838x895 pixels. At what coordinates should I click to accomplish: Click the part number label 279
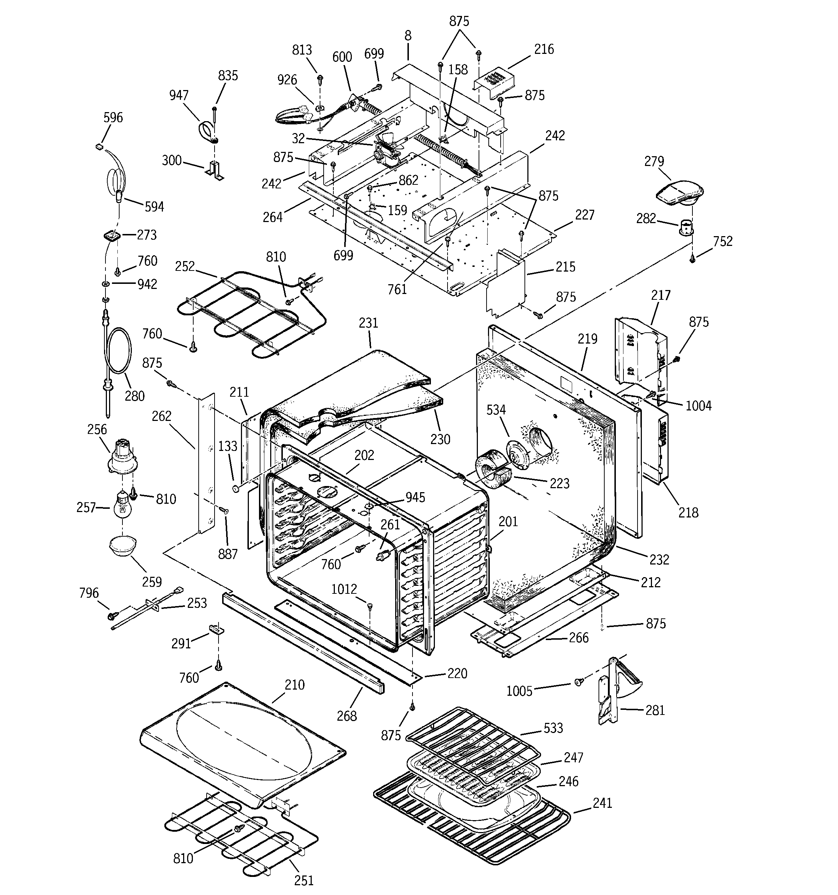(x=654, y=161)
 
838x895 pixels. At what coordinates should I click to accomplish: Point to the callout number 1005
(x=519, y=691)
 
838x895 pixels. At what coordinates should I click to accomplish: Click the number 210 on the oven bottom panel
(x=295, y=685)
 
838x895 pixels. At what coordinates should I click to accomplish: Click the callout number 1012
(x=344, y=589)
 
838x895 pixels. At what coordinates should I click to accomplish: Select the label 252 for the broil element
(x=185, y=266)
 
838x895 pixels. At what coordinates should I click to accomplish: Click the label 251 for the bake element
(x=304, y=880)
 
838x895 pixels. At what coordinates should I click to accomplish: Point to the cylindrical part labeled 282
(x=686, y=226)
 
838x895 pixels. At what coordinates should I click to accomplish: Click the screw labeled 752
(x=693, y=260)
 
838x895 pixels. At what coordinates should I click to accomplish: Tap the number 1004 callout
(x=698, y=406)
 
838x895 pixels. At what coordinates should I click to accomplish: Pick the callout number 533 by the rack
(x=553, y=728)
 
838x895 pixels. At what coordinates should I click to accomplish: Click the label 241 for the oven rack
(x=602, y=803)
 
